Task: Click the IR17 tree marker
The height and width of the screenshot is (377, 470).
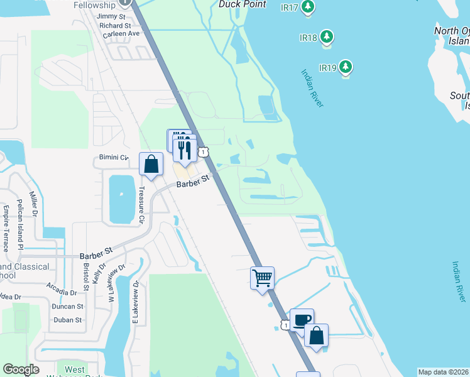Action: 307,7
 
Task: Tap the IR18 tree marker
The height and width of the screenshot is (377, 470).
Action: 326,37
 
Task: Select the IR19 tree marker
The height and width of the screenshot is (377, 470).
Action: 345,67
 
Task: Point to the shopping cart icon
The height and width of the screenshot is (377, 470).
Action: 262,277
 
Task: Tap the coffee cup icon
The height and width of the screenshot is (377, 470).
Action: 302,319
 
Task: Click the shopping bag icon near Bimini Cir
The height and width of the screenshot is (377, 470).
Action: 151,164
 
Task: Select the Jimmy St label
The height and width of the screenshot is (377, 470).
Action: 112,17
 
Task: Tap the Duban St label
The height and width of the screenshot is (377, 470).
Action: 68,320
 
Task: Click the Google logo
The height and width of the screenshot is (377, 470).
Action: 21,369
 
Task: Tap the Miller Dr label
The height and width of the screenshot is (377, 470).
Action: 35,207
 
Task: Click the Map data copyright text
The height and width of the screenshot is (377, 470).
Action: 443,372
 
